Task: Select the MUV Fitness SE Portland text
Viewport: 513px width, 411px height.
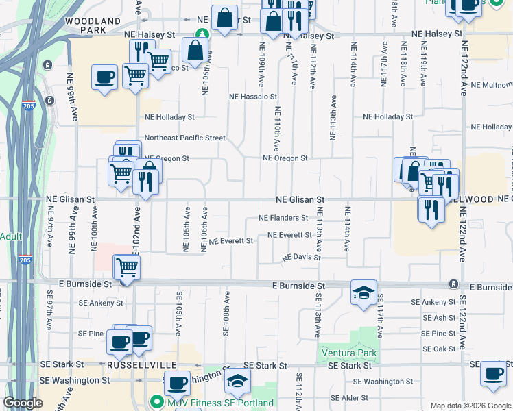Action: (x=219, y=402)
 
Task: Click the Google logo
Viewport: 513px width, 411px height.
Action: (x=23, y=403)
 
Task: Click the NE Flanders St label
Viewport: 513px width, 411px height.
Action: (x=283, y=219)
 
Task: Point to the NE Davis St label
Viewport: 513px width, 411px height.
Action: (x=302, y=258)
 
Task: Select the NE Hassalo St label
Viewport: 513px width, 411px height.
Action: (x=253, y=97)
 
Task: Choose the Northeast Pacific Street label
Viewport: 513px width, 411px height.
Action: (x=184, y=138)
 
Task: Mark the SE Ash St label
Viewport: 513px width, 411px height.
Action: (x=440, y=318)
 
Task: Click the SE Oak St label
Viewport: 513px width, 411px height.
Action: (x=440, y=349)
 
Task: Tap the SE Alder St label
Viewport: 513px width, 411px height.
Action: (x=350, y=397)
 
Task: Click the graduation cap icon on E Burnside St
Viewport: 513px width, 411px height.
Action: (x=363, y=292)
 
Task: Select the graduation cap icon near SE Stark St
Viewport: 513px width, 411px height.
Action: (x=237, y=379)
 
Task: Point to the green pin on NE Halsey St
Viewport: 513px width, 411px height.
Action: (x=202, y=34)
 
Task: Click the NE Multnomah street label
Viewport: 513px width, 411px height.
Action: (x=492, y=86)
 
